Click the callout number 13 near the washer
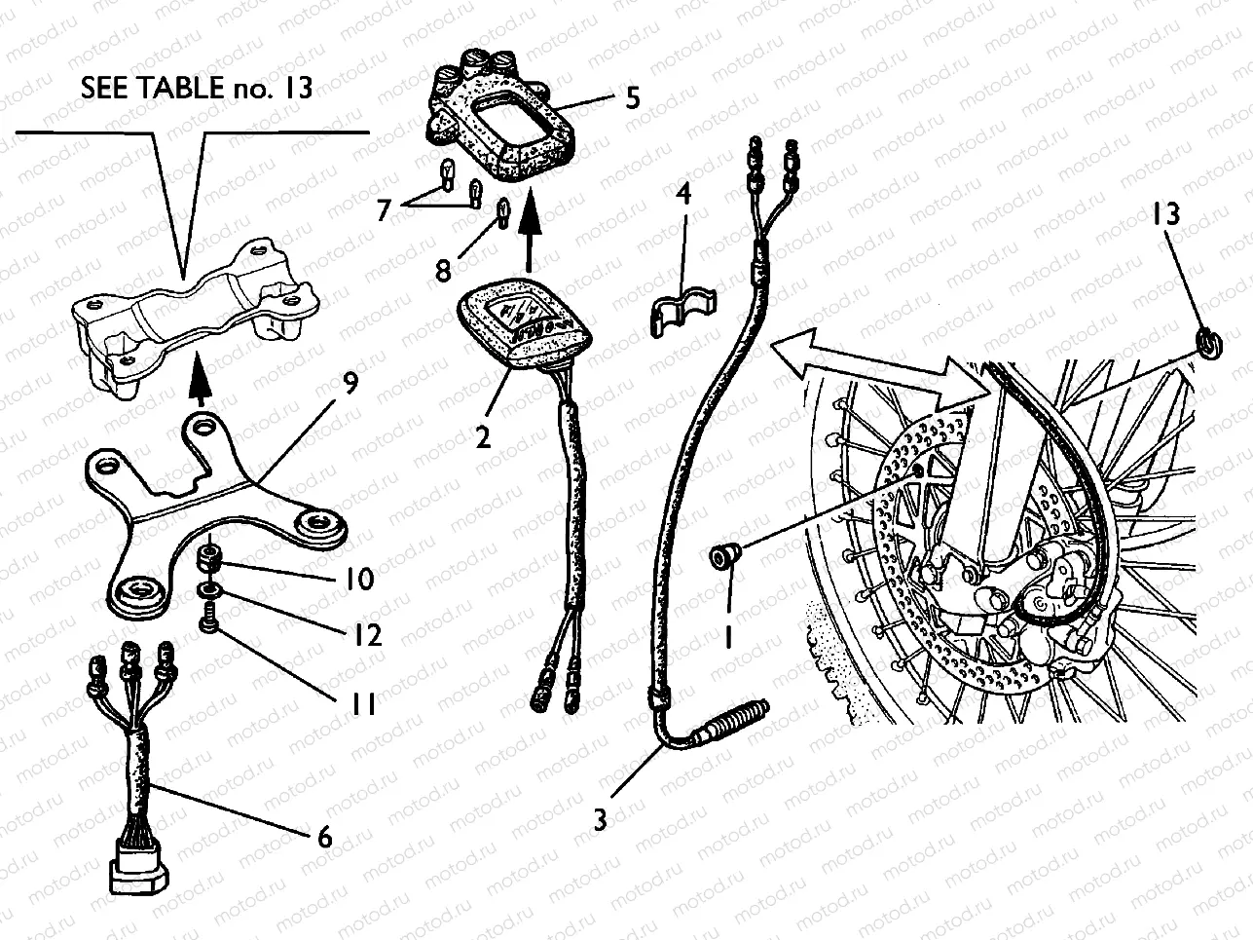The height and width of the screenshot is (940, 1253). coord(1168,213)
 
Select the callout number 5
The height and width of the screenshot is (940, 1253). coord(634,98)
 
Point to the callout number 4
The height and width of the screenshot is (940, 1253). coord(684,194)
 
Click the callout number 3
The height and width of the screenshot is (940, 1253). coord(601,819)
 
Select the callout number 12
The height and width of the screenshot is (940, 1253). coord(367,635)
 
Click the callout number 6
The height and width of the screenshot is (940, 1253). coord(325,836)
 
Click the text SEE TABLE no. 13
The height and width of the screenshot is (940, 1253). coord(198,88)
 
